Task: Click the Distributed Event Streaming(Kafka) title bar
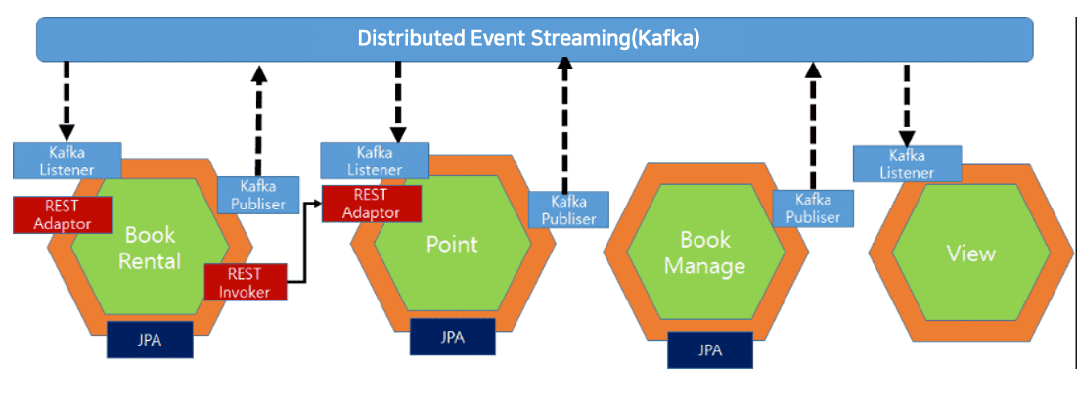534,39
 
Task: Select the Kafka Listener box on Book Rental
67,161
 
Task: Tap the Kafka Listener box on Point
375,161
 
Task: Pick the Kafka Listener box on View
907,163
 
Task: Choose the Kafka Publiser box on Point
568,209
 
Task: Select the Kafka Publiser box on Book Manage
812,208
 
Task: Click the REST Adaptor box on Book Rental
62,214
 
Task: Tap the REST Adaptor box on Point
371,203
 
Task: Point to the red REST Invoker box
245,282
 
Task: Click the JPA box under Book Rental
150,340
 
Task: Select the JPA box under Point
452,337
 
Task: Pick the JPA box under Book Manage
710,349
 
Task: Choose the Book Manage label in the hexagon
705,252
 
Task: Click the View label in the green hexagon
970,254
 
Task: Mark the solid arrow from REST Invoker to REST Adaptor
305,245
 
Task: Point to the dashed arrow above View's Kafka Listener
907,104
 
